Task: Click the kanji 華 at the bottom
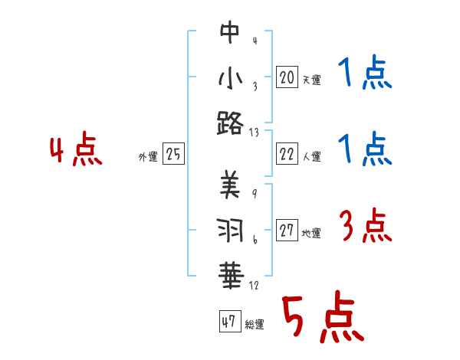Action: pos(230,273)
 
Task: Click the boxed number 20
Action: pos(287,77)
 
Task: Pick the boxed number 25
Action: pos(173,155)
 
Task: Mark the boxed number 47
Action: pos(228,322)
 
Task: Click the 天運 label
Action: pos(311,79)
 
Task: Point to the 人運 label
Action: pos(311,157)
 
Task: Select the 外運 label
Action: pos(148,157)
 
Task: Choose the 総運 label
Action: pos(255,325)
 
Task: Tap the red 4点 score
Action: pos(75,151)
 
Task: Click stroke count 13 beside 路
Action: pos(255,133)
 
